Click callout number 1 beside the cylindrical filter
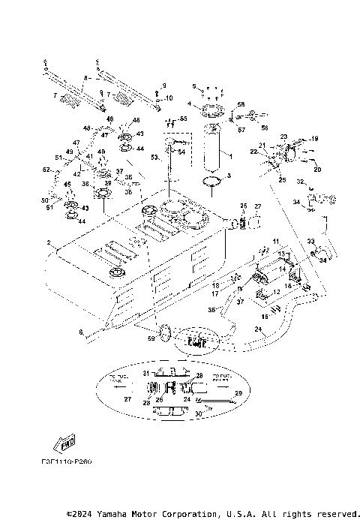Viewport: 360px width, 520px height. pos(230,157)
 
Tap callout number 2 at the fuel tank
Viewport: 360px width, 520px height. pos(48,243)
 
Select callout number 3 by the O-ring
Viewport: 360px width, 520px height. pos(229,176)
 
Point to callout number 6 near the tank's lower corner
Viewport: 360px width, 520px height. pos(80,332)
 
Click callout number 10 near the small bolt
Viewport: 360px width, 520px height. pos(169,98)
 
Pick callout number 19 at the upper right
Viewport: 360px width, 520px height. pos(316,139)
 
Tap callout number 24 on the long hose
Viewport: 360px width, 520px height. pos(257,328)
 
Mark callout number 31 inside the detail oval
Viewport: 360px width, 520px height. pos(146,373)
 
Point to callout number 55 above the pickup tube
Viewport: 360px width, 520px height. pos(183,119)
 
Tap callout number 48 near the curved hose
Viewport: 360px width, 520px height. pos(87,129)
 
